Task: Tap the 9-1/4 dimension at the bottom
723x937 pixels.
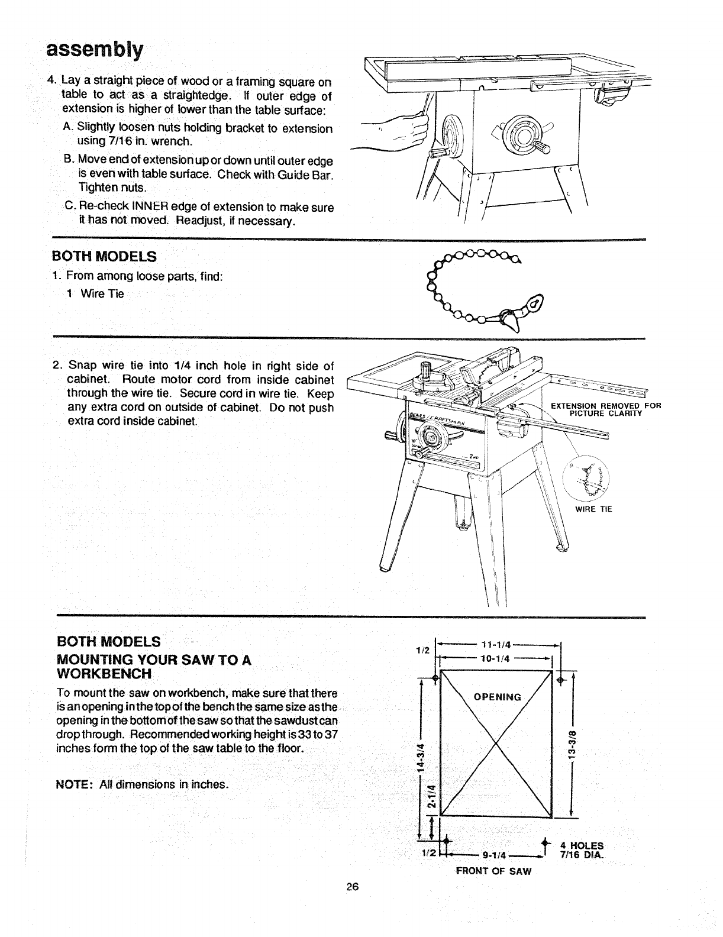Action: tap(493, 854)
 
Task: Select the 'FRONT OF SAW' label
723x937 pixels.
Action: tap(493, 871)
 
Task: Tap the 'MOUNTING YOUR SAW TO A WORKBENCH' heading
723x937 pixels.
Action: tap(154, 667)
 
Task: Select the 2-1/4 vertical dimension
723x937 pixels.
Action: tap(432, 797)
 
